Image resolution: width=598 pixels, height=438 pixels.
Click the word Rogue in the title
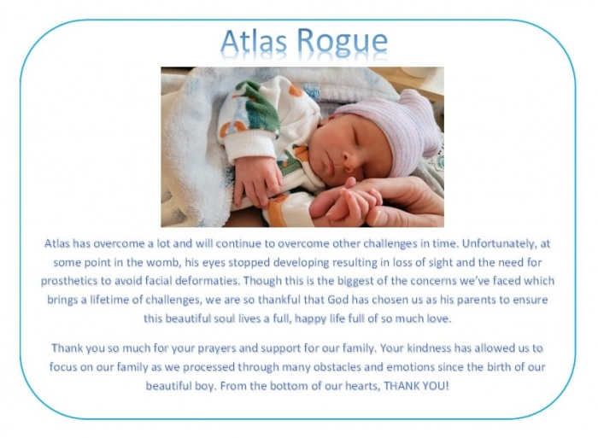coord(342,42)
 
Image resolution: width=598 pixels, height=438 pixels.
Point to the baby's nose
coord(349,164)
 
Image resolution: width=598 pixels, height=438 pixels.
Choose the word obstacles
coord(337,367)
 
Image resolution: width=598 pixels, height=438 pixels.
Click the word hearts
coord(362,386)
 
